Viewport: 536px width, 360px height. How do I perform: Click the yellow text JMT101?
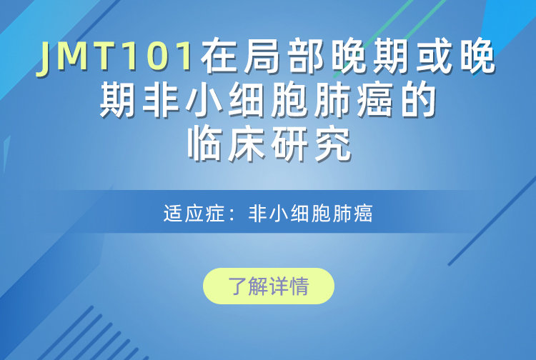coord(115,56)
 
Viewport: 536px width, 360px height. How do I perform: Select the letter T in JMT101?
coord(102,56)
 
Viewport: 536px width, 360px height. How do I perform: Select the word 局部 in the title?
coord(284,56)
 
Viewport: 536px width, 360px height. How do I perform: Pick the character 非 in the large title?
coord(162,101)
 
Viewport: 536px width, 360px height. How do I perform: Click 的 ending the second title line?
coord(418,101)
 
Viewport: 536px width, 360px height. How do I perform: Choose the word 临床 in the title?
coord(227,144)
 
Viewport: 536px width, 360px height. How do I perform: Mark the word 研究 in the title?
coord(311,144)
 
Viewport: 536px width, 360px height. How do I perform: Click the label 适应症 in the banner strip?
coord(194,214)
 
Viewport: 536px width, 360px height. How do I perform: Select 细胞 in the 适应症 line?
coord(310,214)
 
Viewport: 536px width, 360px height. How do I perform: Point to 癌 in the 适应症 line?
coord(363,214)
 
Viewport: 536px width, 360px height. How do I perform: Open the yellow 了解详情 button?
coord(269,286)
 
